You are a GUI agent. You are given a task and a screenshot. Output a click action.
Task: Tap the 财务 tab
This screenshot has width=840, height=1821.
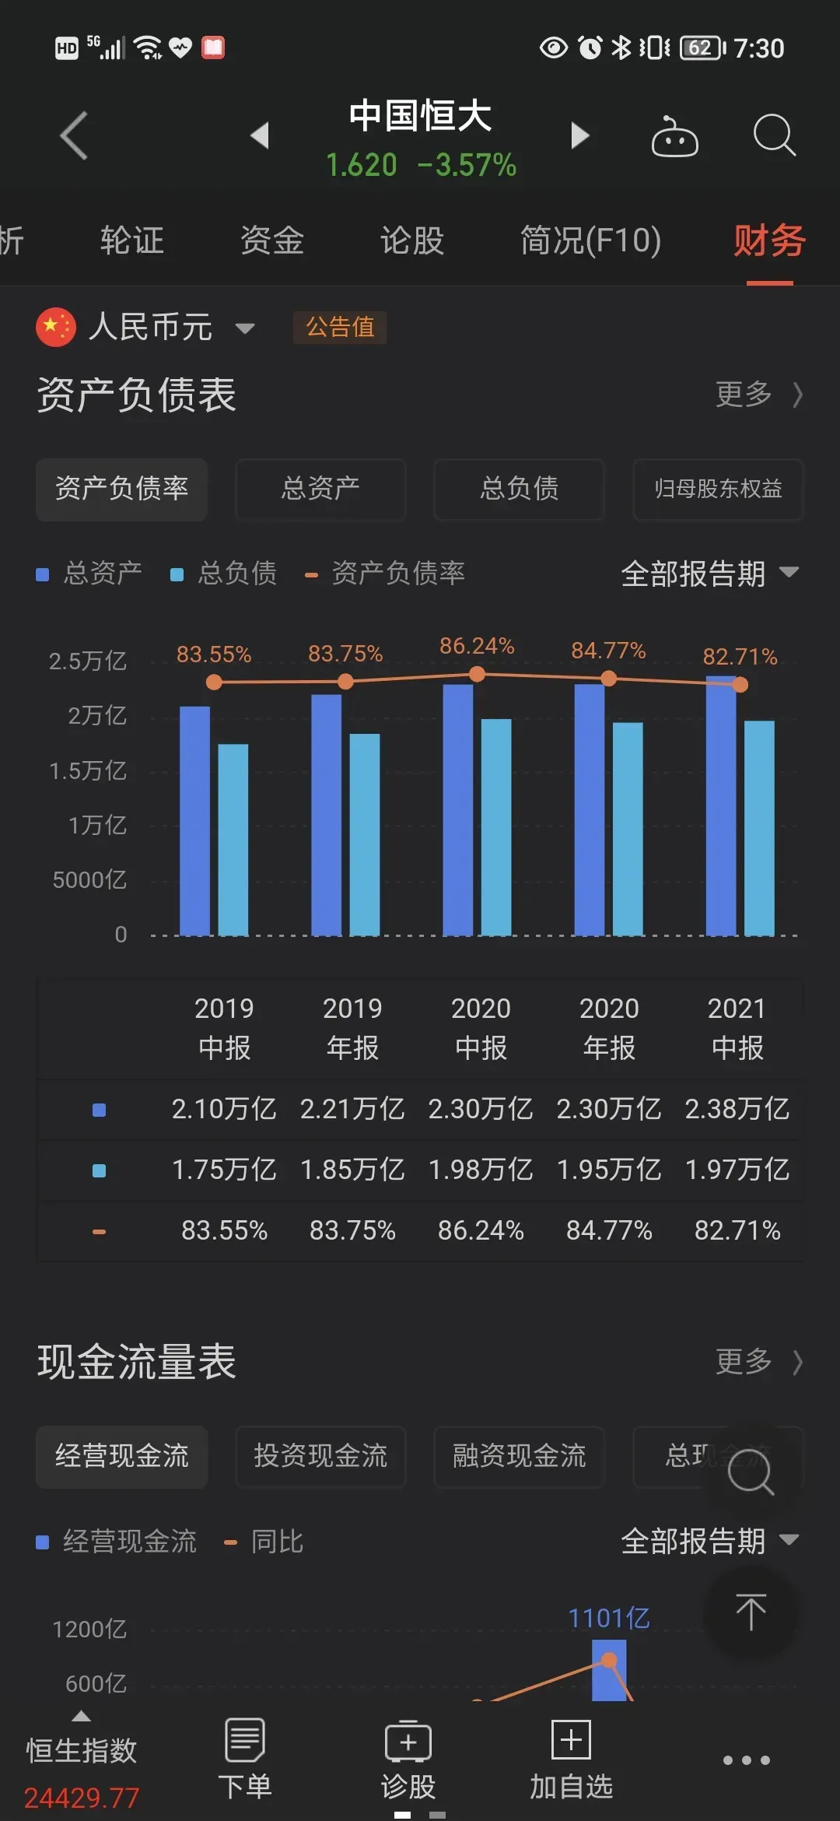click(769, 240)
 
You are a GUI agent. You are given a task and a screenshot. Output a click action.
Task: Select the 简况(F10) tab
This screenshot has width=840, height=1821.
click(590, 240)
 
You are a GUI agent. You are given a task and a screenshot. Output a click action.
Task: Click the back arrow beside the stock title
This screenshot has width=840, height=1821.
click(75, 136)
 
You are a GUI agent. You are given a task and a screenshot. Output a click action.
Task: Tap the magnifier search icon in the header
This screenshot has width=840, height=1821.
click(774, 136)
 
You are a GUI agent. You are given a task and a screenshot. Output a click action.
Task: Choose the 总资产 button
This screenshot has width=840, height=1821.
click(320, 489)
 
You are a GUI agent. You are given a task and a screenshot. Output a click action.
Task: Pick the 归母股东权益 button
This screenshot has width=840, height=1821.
click(717, 489)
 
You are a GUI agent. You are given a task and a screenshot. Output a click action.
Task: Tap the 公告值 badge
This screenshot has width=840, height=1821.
click(340, 327)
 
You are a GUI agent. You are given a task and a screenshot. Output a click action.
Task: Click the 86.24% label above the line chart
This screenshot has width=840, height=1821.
click(477, 646)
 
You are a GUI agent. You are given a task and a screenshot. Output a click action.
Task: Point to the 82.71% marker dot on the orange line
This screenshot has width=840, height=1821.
click(740, 685)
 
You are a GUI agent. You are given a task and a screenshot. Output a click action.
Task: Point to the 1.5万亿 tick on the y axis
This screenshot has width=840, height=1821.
click(88, 770)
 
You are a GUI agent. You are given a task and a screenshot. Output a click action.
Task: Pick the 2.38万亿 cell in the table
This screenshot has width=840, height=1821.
click(737, 1109)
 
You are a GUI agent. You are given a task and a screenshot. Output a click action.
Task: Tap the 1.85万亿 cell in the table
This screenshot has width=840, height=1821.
click(352, 1170)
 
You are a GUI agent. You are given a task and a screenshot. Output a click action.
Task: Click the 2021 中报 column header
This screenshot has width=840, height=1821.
click(737, 1027)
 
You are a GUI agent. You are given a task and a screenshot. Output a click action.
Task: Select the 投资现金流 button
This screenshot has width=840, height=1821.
click(320, 1456)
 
